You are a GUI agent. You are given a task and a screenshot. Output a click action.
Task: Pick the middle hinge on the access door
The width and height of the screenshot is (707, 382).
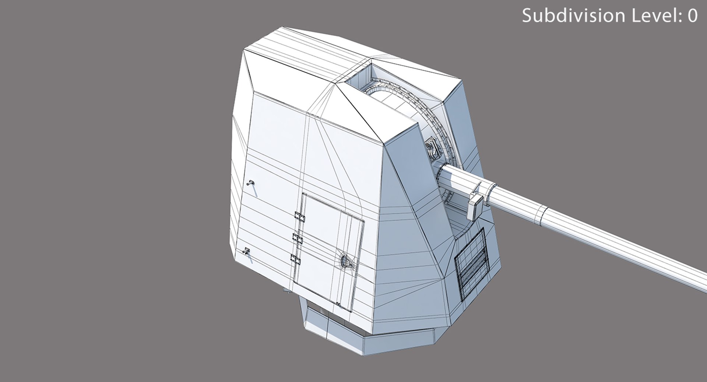pos(297,238)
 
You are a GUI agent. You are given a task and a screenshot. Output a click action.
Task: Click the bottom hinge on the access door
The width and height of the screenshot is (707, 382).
pos(295,259)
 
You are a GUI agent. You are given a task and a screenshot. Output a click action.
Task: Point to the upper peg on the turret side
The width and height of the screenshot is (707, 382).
pos(251,183)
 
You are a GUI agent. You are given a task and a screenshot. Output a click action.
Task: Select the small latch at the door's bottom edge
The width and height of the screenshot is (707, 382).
pos(338,304)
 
